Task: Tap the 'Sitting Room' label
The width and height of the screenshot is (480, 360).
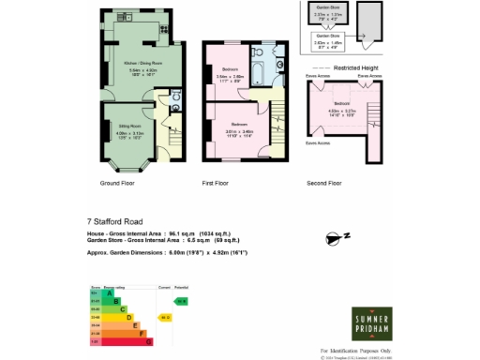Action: pyautogui.click(x=129, y=124)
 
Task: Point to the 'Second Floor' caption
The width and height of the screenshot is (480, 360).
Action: pyautogui.click(x=325, y=183)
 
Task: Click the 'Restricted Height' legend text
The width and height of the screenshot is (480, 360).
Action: pyautogui.click(x=357, y=67)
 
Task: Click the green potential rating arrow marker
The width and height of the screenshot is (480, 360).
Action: pyautogui.click(x=182, y=301)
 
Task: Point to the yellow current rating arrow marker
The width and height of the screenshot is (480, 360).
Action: pyautogui.click(x=164, y=318)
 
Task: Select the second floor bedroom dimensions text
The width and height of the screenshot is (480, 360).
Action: pyautogui.click(x=340, y=113)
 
